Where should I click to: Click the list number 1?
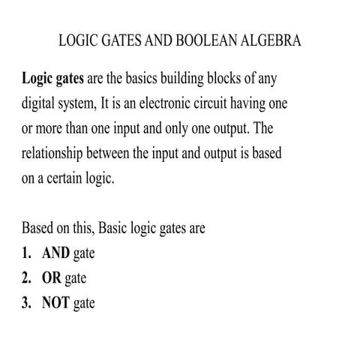coord(26,253)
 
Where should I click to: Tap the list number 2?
coord(26,278)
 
